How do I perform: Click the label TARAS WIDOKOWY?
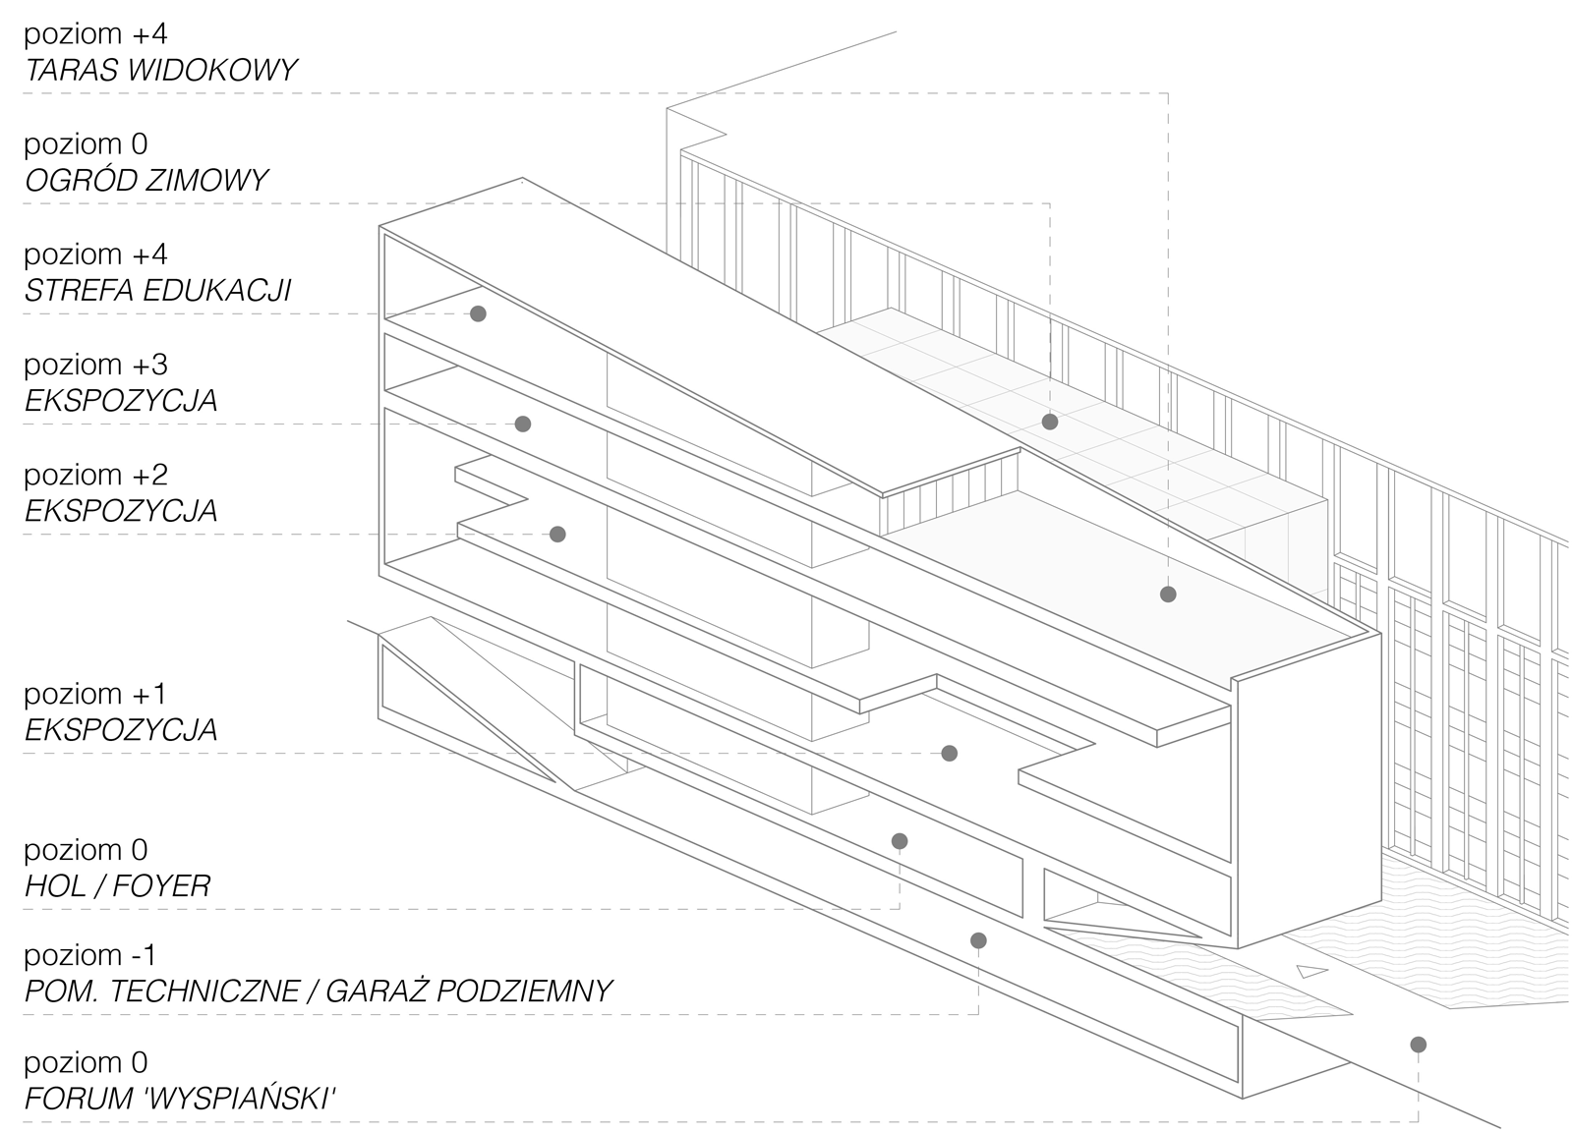[161, 70]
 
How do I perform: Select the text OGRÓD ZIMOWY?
[146, 181]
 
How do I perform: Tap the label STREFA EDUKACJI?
[158, 291]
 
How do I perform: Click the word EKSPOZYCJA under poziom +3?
[121, 401]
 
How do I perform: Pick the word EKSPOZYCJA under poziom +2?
[121, 511]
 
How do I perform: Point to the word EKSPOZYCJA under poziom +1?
[121, 730]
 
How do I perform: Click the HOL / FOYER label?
[117, 886]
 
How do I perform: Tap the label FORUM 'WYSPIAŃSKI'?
[180, 1099]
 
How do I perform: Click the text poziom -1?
[89, 955]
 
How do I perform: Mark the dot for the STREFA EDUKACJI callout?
[478, 313]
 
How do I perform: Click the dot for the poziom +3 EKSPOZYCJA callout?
[522, 424]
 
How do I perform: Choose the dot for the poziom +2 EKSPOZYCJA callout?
[557, 535]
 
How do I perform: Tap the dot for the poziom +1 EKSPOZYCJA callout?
[950, 754]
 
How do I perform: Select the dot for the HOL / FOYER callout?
[900, 841]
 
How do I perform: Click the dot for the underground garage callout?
[978, 940]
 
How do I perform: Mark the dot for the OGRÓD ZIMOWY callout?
[1050, 422]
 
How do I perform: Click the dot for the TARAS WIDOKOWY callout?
[1168, 595]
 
